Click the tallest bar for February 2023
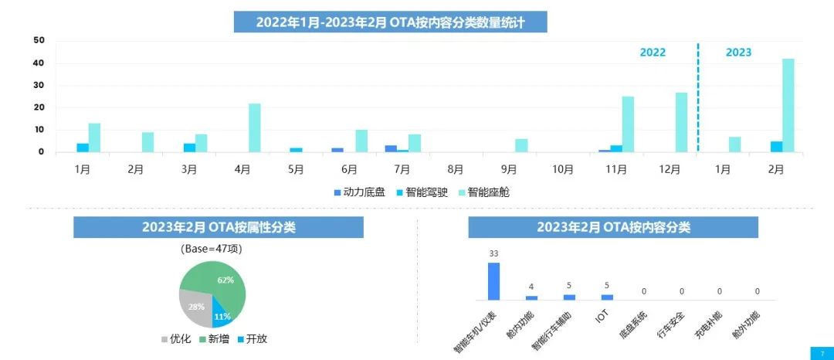[x=788, y=105]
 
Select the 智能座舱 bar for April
[x=254, y=127]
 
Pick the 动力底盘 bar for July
[x=391, y=148]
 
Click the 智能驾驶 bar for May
[x=297, y=150]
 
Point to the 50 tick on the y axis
[x=39, y=40]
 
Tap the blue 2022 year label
[x=653, y=53]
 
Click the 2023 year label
[x=738, y=53]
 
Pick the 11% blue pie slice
[x=222, y=315]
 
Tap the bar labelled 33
[x=493, y=281]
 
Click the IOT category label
[x=602, y=315]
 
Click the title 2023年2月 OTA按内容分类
[x=613, y=227]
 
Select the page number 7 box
[x=822, y=353]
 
